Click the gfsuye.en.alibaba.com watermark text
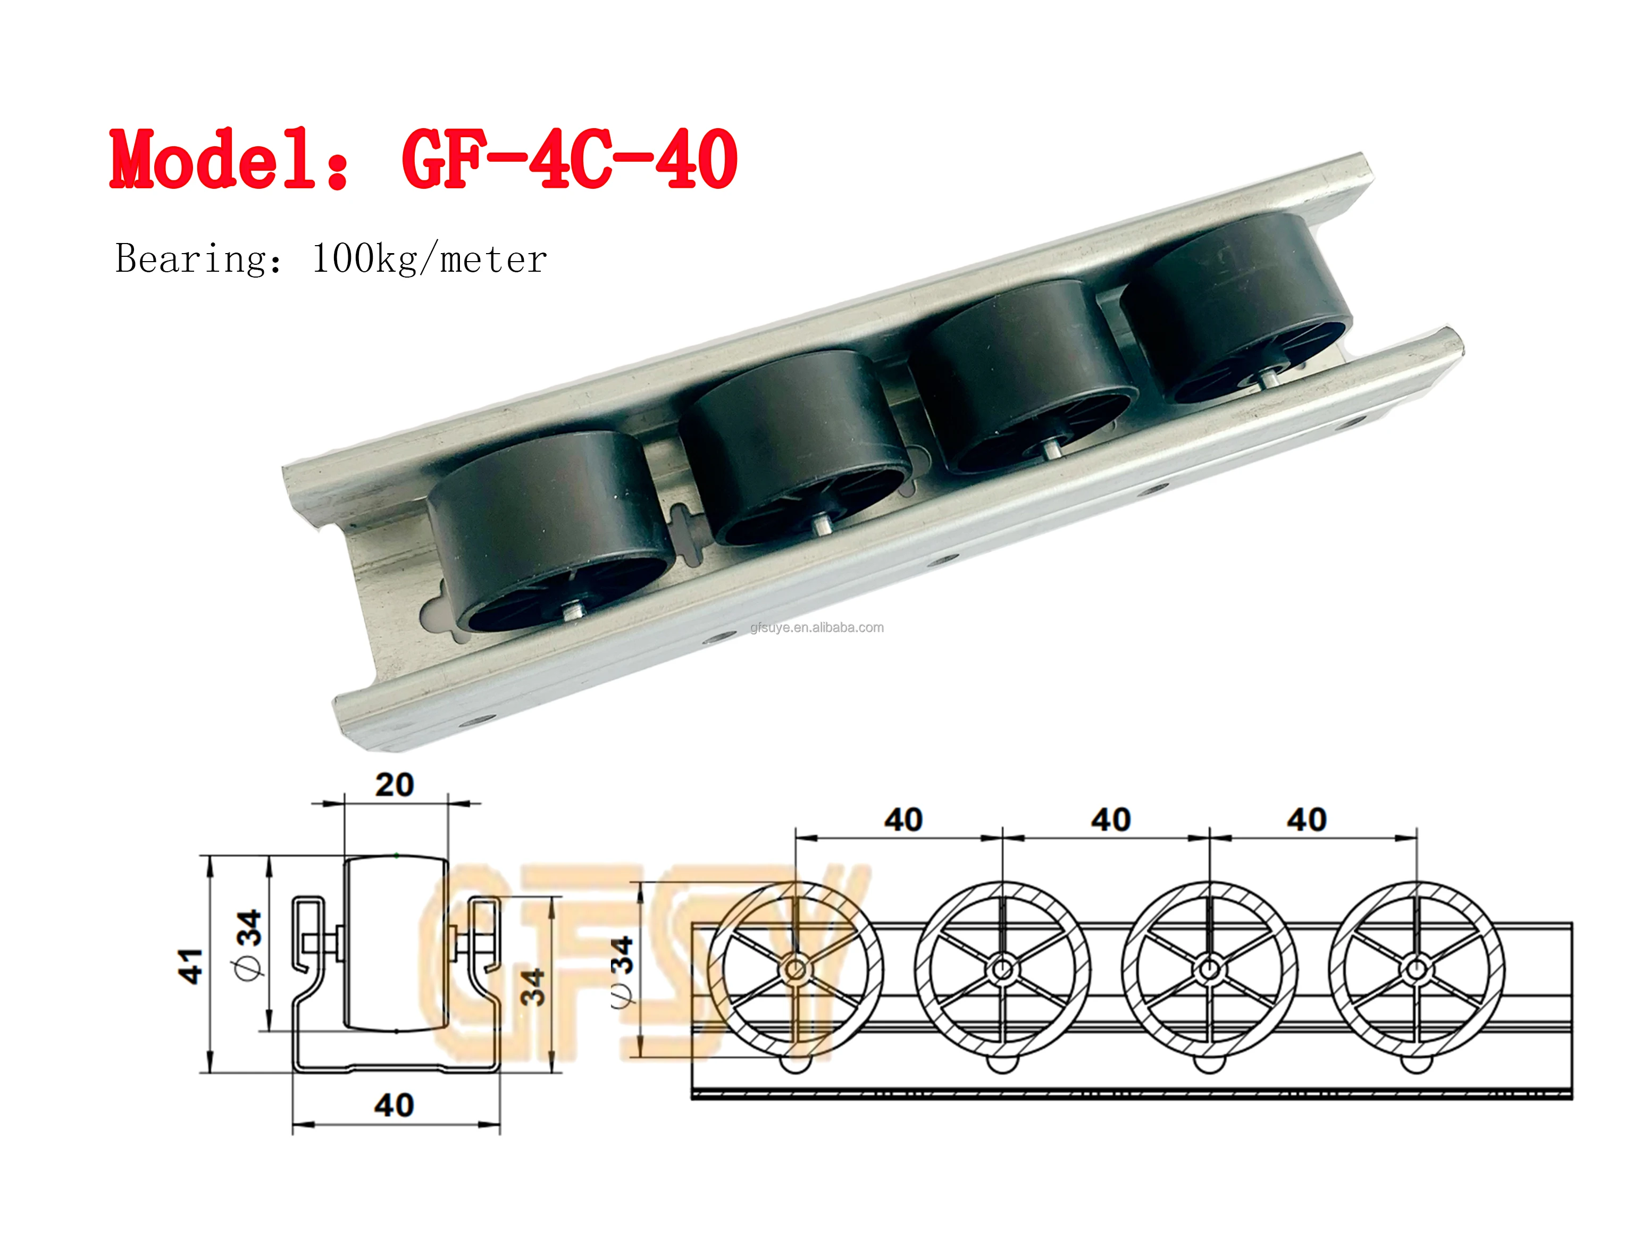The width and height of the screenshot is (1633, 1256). (x=817, y=627)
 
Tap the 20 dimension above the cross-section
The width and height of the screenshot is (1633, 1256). (x=394, y=785)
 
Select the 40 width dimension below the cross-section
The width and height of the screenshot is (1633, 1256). (x=394, y=1105)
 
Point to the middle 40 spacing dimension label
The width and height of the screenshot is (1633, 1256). (x=1110, y=820)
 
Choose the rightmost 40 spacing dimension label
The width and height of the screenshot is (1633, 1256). (x=1307, y=820)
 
